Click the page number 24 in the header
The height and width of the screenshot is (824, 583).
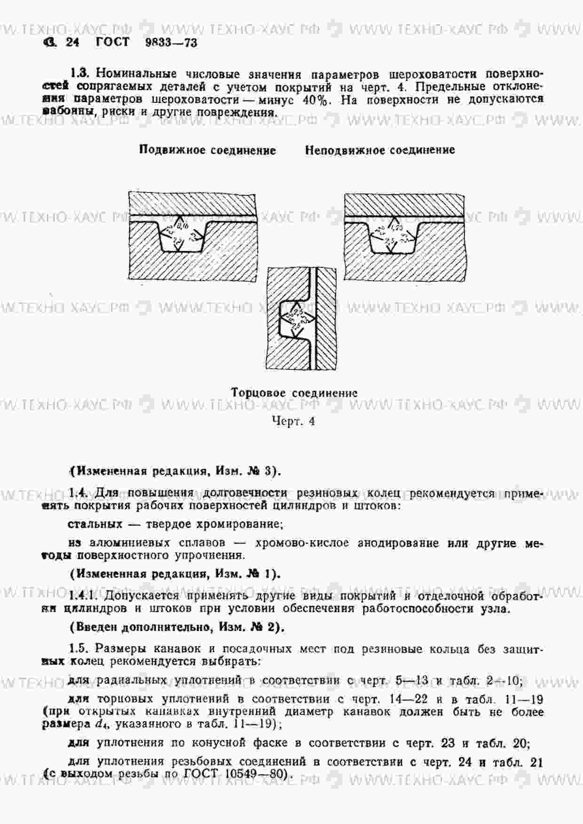click(x=72, y=43)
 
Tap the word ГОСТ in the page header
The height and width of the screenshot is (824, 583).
click(x=112, y=42)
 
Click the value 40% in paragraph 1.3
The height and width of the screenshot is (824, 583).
click(x=316, y=100)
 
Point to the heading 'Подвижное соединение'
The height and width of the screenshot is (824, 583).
click(x=207, y=150)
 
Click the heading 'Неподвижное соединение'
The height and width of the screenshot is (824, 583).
click(x=380, y=150)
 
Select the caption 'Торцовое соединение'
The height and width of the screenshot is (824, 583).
click(x=294, y=393)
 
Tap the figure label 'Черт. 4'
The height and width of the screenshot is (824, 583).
click(x=293, y=421)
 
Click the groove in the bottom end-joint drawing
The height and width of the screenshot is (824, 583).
click(x=294, y=319)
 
